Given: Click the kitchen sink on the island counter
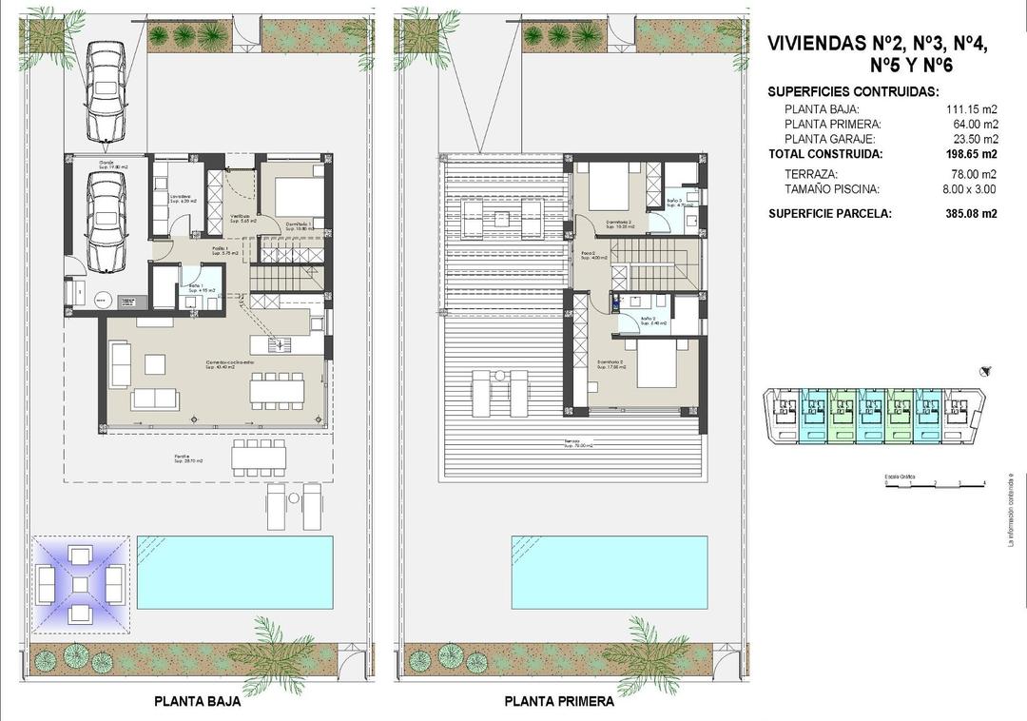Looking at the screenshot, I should (x=282, y=343).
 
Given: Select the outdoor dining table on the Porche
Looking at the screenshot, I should (x=259, y=457).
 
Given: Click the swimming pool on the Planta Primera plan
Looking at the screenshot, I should (x=610, y=572).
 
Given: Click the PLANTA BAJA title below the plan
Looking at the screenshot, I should (x=197, y=704).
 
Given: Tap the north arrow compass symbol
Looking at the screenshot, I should (x=986, y=372).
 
